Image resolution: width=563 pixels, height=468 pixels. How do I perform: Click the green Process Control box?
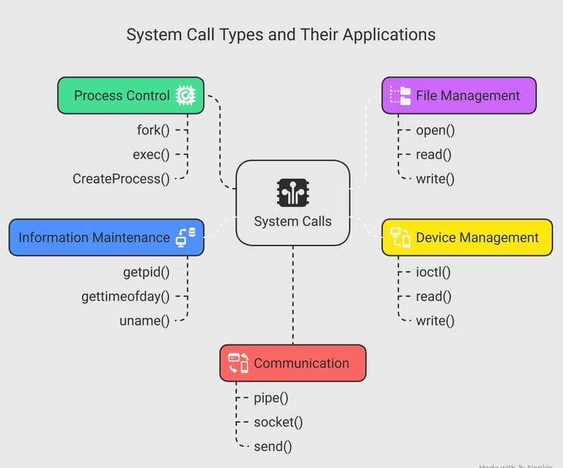click(x=130, y=95)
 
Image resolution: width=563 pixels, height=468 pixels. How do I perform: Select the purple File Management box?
click(x=459, y=95)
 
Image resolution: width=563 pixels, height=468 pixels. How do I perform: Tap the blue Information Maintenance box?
click(x=105, y=237)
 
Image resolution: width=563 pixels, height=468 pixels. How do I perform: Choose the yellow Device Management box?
click(x=466, y=237)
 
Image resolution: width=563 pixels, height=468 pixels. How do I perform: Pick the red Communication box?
click(x=292, y=363)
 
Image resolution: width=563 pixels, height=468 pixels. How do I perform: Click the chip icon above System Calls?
click(x=292, y=193)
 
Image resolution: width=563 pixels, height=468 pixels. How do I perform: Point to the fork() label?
click(x=153, y=129)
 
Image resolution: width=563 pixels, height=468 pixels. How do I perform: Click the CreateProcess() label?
click(x=121, y=179)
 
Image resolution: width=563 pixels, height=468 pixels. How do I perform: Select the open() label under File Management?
click(x=435, y=129)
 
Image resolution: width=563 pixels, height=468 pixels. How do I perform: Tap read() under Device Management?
click(x=434, y=296)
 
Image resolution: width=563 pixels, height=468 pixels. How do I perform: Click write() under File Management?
click(x=435, y=179)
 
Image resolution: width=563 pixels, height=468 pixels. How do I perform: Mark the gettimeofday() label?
click(x=125, y=296)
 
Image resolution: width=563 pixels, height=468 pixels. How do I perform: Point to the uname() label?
click(x=144, y=320)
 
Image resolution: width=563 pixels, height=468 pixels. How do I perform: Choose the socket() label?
click(x=278, y=422)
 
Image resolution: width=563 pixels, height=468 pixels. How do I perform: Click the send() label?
click(x=273, y=446)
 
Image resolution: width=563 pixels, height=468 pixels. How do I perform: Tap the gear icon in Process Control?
click(x=184, y=95)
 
